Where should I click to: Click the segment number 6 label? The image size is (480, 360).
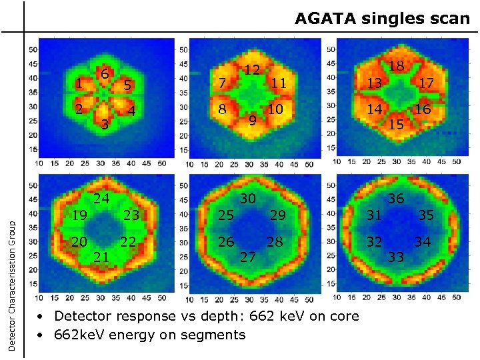[x=105, y=73]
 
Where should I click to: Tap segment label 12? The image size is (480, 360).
[x=251, y=69]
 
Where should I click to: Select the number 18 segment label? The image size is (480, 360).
[x=397, y=65]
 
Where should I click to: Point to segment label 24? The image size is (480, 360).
[x=101, y=198]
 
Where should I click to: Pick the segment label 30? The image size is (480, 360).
[x=248, y=198]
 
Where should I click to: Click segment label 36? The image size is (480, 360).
[x=397, y=198]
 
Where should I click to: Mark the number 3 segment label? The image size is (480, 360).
[x=105, y=125]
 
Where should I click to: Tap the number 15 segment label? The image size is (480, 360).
[x=397, y=124]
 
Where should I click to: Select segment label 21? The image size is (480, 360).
[x=101, y=257]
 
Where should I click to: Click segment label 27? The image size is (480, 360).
[x=248, y=257]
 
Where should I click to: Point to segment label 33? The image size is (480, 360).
[x=397, y=257]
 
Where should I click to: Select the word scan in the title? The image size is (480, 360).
[x=449, y=19]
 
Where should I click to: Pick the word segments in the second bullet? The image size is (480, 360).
[x=213, y=335]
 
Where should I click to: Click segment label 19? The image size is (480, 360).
[x=79, y=215]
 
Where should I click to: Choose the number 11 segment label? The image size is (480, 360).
[x=278, y=83]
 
